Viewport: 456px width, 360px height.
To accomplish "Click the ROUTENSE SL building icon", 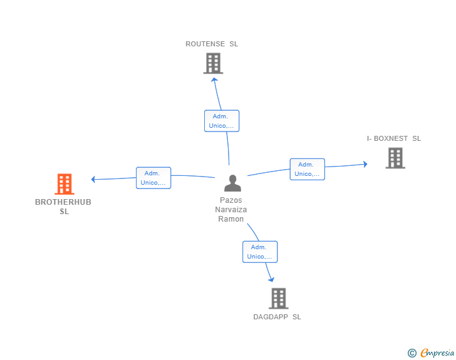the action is pyautogui.click(x=213, y=63).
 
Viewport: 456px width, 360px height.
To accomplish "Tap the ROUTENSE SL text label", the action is pyautogui.click(x=212, y=44).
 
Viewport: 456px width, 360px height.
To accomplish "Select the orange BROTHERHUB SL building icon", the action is pyautogui.click(x=65, y=184).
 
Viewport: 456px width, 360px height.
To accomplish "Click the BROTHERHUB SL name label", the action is pyautogui.click(x=63, y=207).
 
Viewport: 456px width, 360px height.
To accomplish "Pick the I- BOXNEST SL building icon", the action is pyautogui.click(x=395, y=158).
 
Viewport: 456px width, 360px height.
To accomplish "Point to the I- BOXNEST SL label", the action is pyautogui.click(x=394, y=138).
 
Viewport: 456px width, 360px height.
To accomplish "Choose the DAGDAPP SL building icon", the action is pyautogui.click(x=279, y=299).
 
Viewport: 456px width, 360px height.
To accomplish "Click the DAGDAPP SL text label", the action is pyautogui.click(x=277, y=317).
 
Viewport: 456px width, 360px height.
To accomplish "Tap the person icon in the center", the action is pyautogui.click(x=232, y=183).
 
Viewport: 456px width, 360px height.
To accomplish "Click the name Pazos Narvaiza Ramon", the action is pyautogui.click(x=231, y=209).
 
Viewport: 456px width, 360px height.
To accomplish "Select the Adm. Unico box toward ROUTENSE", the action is pyautogui.click(x=222, y=121).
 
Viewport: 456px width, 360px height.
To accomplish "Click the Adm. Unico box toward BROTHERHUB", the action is pyautogui.click(x=153, y=178).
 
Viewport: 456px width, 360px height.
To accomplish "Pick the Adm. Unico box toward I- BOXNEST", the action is pyautogui.click(x=308, y=169).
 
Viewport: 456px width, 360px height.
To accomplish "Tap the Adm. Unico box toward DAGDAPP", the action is pyautogui.click(x=260, y=252).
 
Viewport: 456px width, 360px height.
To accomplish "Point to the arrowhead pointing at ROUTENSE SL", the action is pyautogui.click(x=214, y=80).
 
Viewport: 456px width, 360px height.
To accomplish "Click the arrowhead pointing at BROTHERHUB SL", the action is pyautogui.click(x=93, y=179).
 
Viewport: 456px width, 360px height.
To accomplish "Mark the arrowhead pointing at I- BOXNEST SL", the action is pyautogui.click(x=366, y=164).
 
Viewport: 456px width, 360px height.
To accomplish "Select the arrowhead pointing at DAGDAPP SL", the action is pyautogui.click(x=272, y=279).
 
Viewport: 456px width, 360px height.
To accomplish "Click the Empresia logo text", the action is pyautogui.click(x=437, y=352).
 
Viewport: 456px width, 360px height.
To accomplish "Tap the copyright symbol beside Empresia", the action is pyautogui.click(x=412, y=353).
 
